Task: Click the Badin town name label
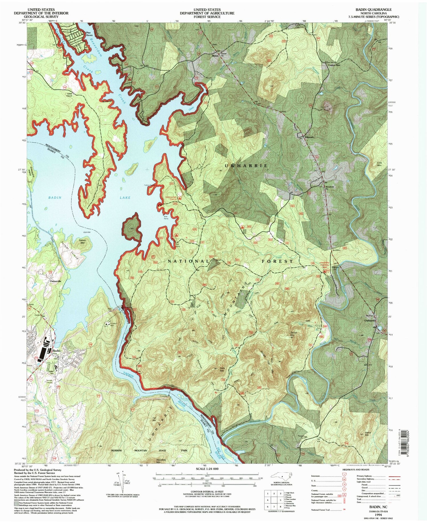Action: (56, 351)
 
